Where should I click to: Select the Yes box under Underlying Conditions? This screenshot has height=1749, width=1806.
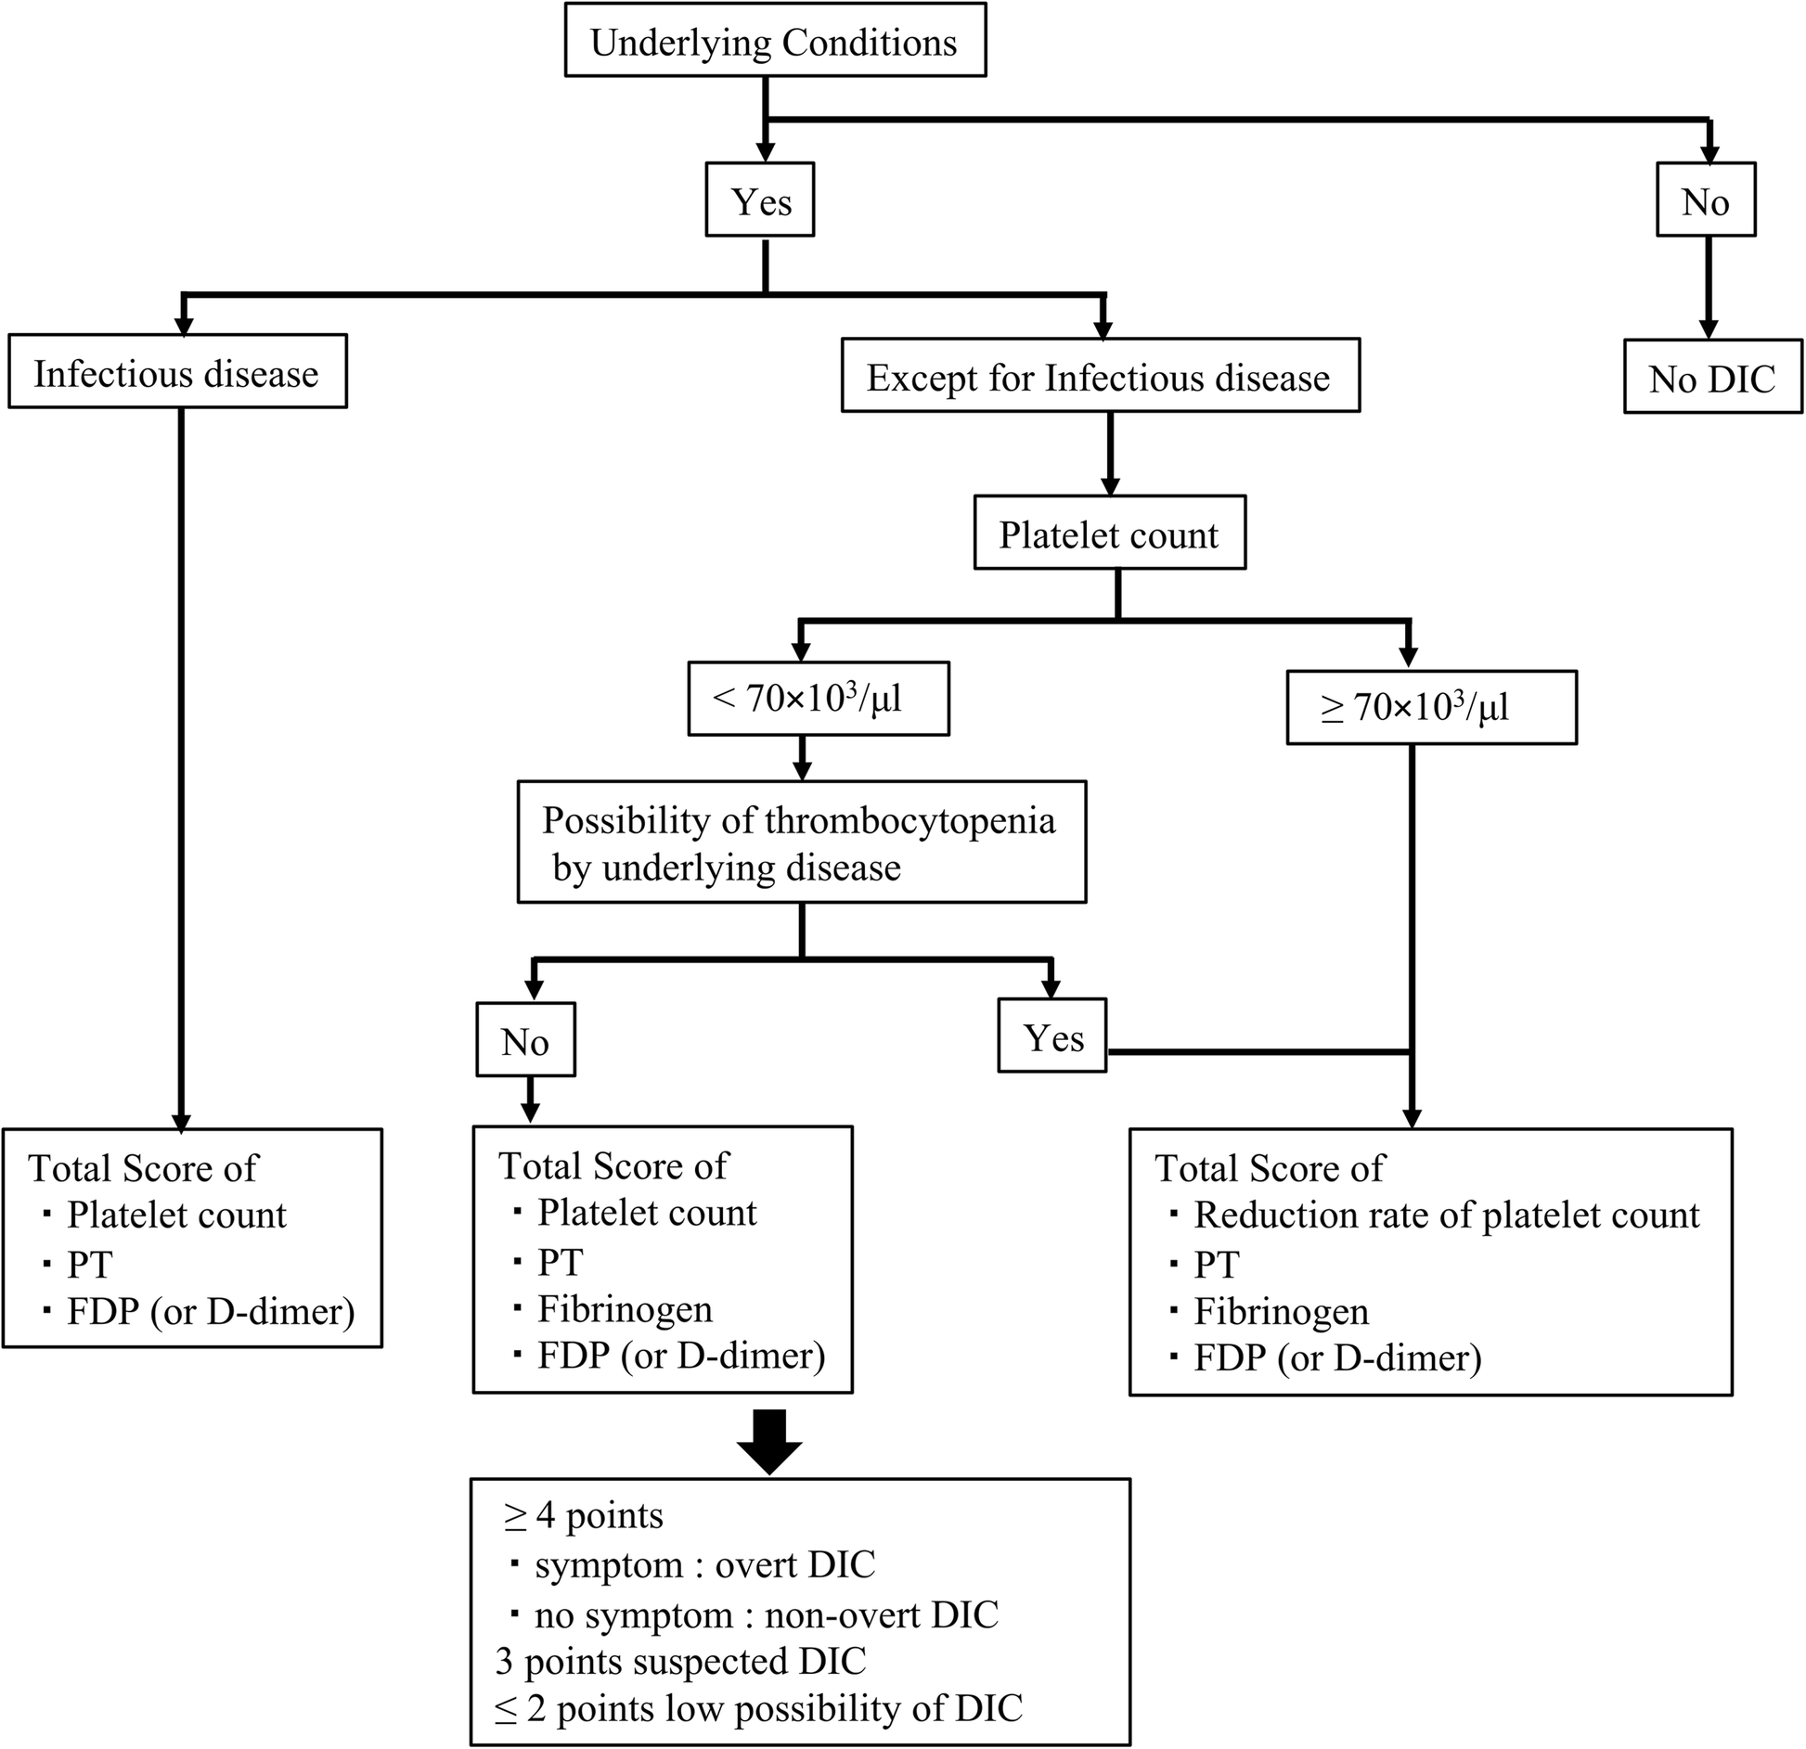(760, 200)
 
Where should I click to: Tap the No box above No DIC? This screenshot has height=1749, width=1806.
(1706, 200)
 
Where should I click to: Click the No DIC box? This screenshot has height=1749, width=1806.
(1712, 378)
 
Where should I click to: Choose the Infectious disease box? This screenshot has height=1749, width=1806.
(177, 373)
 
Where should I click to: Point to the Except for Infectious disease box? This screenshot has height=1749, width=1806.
(1100, 377)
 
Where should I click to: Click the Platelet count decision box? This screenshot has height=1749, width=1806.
(1109, 534)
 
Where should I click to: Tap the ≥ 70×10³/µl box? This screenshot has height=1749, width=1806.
(1430, 708)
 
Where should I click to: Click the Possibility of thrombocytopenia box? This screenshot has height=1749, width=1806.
(801, 842)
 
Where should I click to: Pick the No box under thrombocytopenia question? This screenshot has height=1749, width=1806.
(525, 1041)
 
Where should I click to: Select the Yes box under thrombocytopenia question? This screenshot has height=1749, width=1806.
(1052, 1036)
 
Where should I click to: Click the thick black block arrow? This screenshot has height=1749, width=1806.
(770, 1440)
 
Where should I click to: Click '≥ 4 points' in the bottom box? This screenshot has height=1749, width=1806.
(585, 1515)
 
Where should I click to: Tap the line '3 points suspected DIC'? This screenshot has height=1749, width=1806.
(680, 1661)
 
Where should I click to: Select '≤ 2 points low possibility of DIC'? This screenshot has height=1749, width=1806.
(758, 1708)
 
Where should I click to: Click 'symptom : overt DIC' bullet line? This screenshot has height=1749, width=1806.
(703, 1564)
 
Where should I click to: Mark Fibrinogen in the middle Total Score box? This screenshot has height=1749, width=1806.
(625, 1309)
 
